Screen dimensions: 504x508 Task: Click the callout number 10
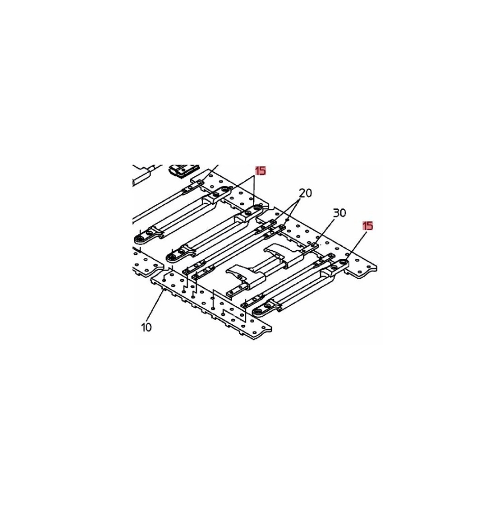(x=146, y=328)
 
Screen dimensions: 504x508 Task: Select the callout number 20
(x=305, y=194)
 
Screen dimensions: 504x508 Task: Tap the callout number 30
(x=340, y=213)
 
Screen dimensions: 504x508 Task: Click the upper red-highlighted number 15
(x=261, y=171)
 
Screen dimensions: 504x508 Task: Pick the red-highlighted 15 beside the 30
(x=368, y=226)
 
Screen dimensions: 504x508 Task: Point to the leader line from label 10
(x=155, y=306)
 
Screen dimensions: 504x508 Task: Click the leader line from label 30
(x=325, y=231)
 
